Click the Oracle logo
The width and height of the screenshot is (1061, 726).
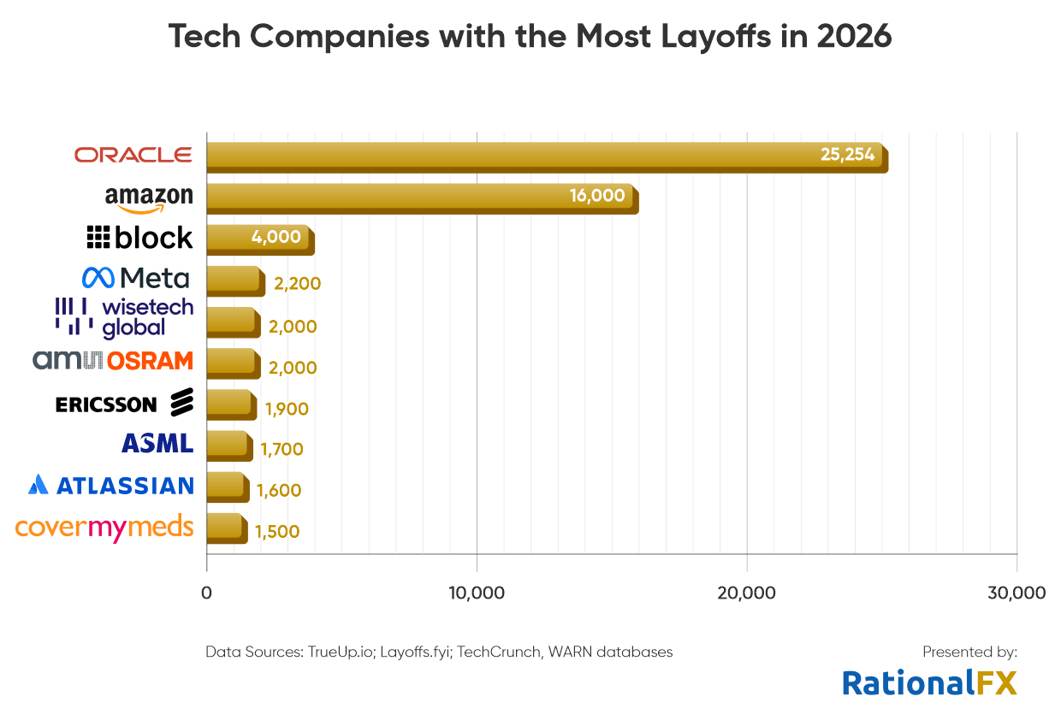click(x=133, y=155)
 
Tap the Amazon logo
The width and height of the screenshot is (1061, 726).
click(x=149, y=199)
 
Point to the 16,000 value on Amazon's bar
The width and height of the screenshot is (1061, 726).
click(x=597, y=195)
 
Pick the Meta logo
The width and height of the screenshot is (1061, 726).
click(x=135, y=277)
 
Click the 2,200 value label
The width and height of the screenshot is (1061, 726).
click(x=297, y=284)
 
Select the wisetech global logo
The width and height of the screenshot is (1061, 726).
click(x=124, y=316)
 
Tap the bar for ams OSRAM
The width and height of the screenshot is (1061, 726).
click(x=232, y=363)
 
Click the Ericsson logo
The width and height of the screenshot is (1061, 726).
click(x=124, y=403)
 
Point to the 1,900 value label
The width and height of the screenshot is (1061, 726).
click(x=287, y=409)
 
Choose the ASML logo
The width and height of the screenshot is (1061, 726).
click(x=157, y=443)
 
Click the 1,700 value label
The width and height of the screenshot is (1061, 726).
click(x=282, y=449)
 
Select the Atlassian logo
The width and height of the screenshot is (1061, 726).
click(x=111, y=485)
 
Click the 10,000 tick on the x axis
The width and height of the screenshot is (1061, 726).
click(x=477, y=593)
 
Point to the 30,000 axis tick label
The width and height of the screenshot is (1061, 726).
click(x=1017, y=593)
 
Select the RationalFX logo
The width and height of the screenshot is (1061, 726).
click(x=929, y=682)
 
